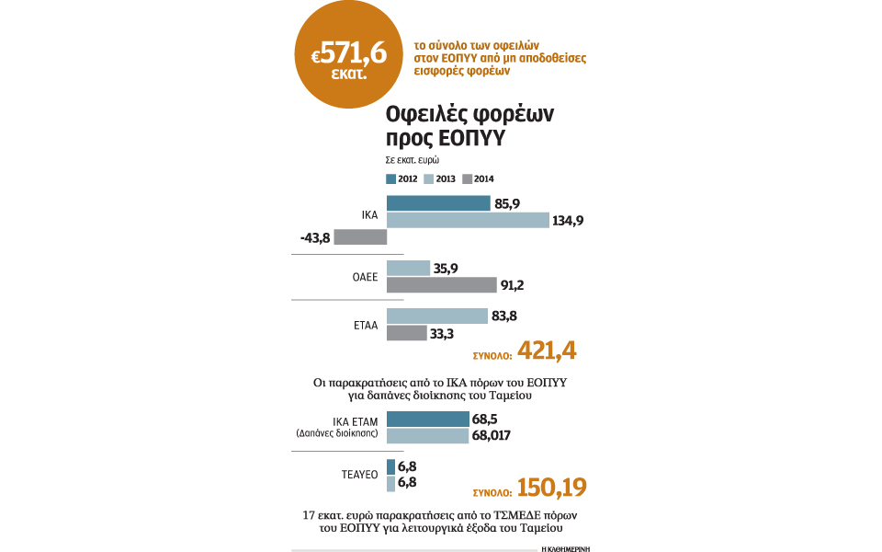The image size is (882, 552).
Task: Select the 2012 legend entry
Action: pos(403,178)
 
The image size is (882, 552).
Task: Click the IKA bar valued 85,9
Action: pos(438,203)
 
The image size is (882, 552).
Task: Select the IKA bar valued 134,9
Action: pos(468,220)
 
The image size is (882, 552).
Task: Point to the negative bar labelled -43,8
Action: pos(360,237)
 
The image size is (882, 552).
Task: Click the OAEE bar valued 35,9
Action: pos(408,268)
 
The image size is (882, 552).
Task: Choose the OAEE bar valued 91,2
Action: pos(430,284)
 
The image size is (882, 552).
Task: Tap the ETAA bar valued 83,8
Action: pos(437,316)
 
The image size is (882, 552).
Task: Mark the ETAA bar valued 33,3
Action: pos(407,333)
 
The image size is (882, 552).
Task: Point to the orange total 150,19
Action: pos(552,487)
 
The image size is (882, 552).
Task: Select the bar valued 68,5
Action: pos(428,419)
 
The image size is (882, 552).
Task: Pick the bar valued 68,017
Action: pos(428,435)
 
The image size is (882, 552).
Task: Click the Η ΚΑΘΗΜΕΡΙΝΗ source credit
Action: pos(564,546)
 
